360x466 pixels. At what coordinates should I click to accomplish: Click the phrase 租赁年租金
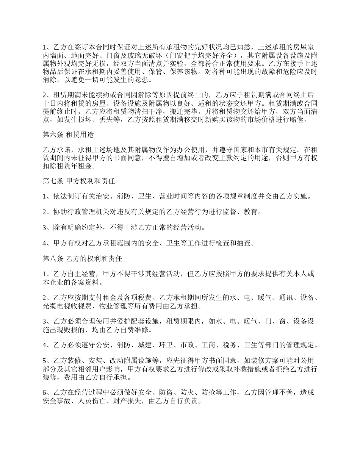pyautogui.click(x=75, y=166)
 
